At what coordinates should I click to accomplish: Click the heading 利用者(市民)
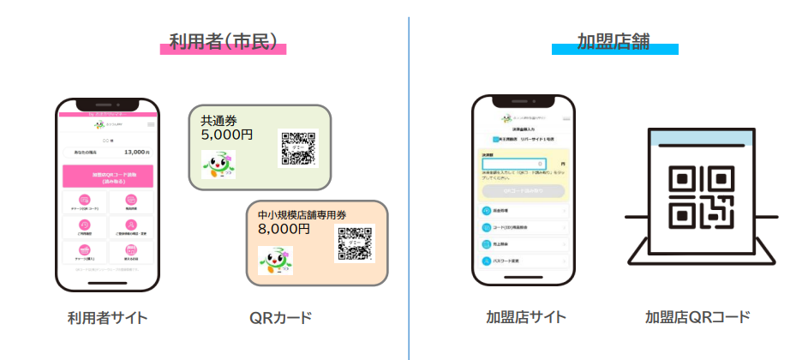[x=222, y=42]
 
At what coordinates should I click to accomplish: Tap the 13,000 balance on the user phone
[x=136, y=151]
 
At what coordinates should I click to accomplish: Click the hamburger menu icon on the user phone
[x=153, y=125]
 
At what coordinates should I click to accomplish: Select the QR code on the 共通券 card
[x=297, y=148]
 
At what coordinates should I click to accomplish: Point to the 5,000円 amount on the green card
[x=227, y=134]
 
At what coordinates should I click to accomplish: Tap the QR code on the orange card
[x=356, y=244]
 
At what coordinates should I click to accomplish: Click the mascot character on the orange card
[x=275, y=262]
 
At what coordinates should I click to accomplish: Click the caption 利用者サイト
[x=108, y=318]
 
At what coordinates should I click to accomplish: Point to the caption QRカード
[x=280, y=318]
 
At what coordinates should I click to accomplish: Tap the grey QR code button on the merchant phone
[x=523, y=190]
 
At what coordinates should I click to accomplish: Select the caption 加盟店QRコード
[x=697, y=317]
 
